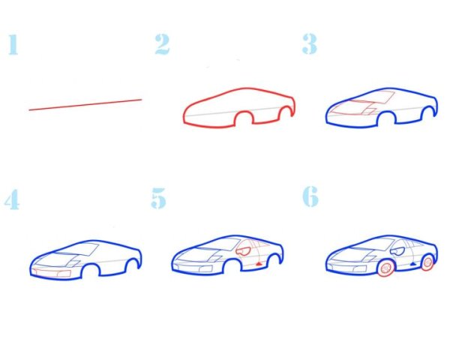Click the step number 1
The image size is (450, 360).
(13, 44)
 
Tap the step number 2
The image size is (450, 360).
(162, 44)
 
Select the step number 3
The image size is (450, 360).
(310, 43)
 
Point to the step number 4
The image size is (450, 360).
(12, 199)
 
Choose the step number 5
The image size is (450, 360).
(159, 198)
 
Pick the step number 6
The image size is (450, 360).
(310, 196)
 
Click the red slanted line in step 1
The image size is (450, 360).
(85, 105)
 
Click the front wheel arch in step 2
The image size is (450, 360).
(244, 112)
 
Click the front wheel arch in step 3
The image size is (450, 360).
(386, 112)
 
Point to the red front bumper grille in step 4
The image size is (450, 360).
(52, 273)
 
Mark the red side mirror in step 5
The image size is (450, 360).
(243, 250)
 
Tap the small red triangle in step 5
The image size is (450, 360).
(259, 264)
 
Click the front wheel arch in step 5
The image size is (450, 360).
(232, 261)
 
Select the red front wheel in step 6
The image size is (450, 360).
(386, 268)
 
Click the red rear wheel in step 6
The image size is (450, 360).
(427, 262)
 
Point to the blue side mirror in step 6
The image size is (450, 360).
(397, 250)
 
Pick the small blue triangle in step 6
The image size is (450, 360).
(413, 263)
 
